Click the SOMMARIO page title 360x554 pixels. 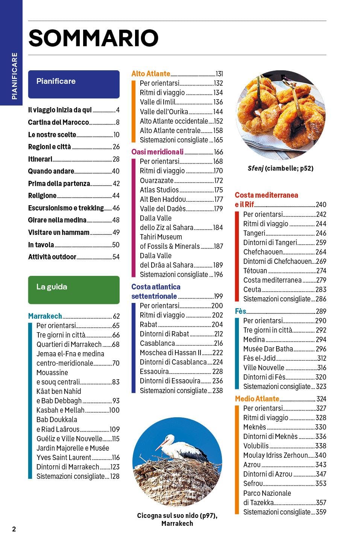point(93,38)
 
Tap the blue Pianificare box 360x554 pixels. point(74,84)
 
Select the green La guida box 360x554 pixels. point(74,290)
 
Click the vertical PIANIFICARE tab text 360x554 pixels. point(14,76)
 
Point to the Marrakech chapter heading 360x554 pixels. point(45,316)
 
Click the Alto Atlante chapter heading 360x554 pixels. point(151,74)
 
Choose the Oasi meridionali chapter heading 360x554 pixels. point(158,152)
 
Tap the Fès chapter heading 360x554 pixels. point(240,311)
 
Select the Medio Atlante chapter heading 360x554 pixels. point(257,399)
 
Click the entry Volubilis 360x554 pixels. point(256,446)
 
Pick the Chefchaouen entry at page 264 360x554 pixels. point(263,252)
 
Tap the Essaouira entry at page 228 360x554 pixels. point(154,371)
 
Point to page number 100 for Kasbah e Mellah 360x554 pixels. point(114,410)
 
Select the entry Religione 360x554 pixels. point(42,196)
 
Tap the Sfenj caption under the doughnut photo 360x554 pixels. point(281,168)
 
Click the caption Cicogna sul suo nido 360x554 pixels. point(177,515)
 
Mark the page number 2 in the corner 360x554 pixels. point(14,529)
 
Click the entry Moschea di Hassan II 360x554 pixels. point(170,353)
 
